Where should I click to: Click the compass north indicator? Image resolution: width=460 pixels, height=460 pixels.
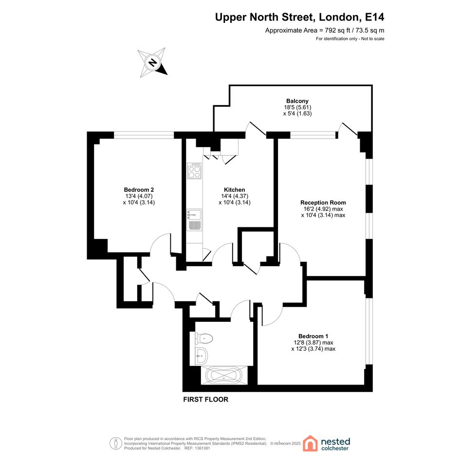point(152,62)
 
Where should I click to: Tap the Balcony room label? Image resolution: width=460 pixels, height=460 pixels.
point(297,101)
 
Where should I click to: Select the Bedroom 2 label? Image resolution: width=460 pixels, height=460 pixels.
point(139,190)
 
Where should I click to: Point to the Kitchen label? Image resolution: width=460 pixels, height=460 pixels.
point(235,190)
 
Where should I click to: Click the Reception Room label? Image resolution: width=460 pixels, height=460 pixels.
point(323,202)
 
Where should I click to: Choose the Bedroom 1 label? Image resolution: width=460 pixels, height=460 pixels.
point(313,336)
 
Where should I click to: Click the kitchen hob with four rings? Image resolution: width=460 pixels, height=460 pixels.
point(194,171)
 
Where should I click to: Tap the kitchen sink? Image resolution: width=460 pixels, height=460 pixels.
point(194,220)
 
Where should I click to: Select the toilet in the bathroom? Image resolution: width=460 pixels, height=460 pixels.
point(203,338)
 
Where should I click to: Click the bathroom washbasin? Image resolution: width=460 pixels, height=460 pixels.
point(201,356)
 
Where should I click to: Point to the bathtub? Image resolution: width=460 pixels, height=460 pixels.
point(224,375)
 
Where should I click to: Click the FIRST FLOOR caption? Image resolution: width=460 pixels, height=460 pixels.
point(205,399)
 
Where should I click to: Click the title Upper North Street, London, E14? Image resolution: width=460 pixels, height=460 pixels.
point(299,17)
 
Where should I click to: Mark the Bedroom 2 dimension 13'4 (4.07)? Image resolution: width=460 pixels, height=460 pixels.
point(139,196)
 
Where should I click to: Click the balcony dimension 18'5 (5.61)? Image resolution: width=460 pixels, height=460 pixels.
point(297,108)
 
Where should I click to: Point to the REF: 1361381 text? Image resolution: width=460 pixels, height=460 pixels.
point(197,448)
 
